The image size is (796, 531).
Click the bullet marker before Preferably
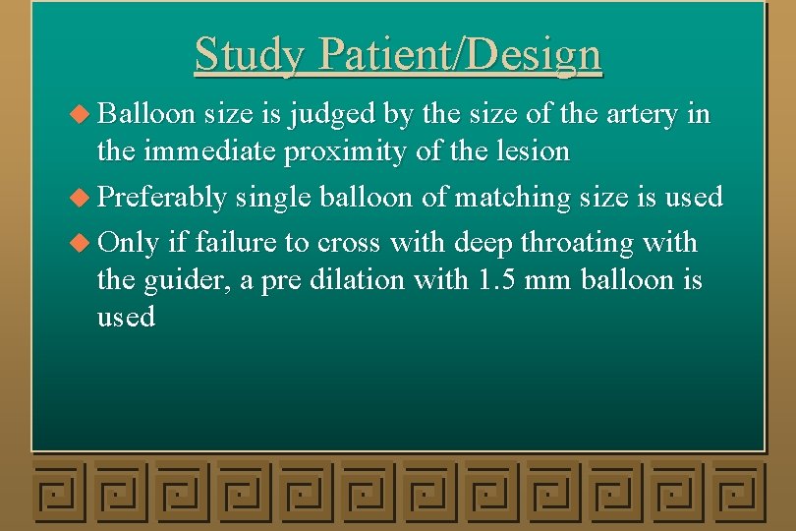click(x=85, y=198)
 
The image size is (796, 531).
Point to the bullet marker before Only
click(x=85, y=242)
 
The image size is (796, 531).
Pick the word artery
click(x=636, y=114)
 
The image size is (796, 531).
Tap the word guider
click(x=184, y=280)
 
